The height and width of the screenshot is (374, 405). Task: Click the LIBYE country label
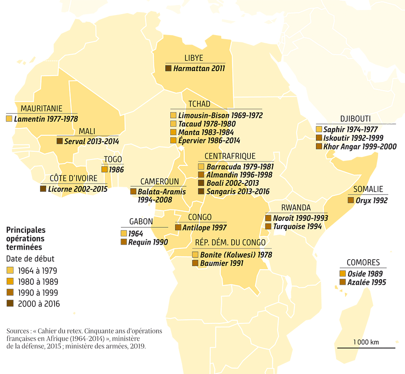194,58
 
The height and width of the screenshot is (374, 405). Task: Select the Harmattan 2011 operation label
199,68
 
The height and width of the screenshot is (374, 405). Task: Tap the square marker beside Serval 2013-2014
59,141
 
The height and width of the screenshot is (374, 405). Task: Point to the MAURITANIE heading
41,108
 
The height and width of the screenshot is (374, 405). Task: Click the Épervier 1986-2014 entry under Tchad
209,141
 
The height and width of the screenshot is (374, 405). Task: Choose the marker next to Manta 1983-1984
173,132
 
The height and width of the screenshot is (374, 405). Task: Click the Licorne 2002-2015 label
78,189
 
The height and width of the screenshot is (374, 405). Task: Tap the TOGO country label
112,159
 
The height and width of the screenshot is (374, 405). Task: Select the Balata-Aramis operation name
162,192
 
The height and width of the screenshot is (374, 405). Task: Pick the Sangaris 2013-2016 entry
238,191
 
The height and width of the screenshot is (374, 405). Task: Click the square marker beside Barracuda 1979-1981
201,167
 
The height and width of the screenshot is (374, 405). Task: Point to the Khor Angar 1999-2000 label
359,146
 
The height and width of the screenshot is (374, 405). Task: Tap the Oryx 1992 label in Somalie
371,200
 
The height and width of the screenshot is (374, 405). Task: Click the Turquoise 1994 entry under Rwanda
297,226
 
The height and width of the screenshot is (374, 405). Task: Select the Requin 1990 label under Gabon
148,242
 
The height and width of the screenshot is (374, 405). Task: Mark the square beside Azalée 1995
342,282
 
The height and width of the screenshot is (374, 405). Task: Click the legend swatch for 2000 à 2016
10,304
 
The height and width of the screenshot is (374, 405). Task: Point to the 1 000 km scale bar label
366,342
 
